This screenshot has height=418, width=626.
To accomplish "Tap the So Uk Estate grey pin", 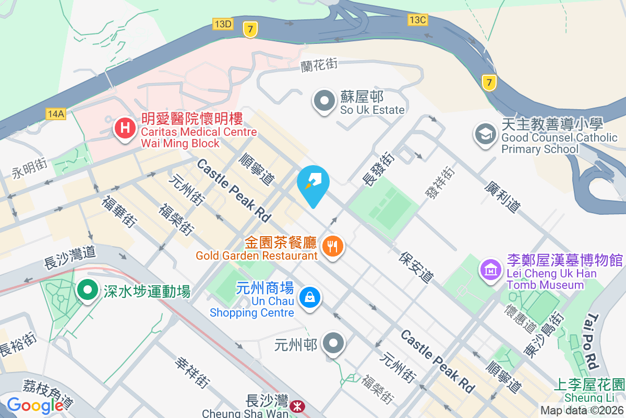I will pos(324,100).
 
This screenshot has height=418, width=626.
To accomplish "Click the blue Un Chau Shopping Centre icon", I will pos(310,298).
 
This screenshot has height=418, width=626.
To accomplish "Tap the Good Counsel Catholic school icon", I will pos(485,134).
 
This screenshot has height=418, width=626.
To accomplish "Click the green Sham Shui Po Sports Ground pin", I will pos(87,290).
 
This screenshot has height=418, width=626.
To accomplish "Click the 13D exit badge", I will pos(223,24).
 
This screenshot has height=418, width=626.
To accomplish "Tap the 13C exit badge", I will pos(418,20).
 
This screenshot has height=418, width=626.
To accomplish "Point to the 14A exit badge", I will pos(55,114).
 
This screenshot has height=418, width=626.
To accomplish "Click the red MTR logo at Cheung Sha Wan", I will pos(297,405).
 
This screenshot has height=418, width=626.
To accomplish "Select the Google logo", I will pos(35,405).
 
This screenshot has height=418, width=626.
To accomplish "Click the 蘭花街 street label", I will pos(319,65).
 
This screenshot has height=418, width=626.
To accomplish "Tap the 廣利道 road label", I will pos(502,196).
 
